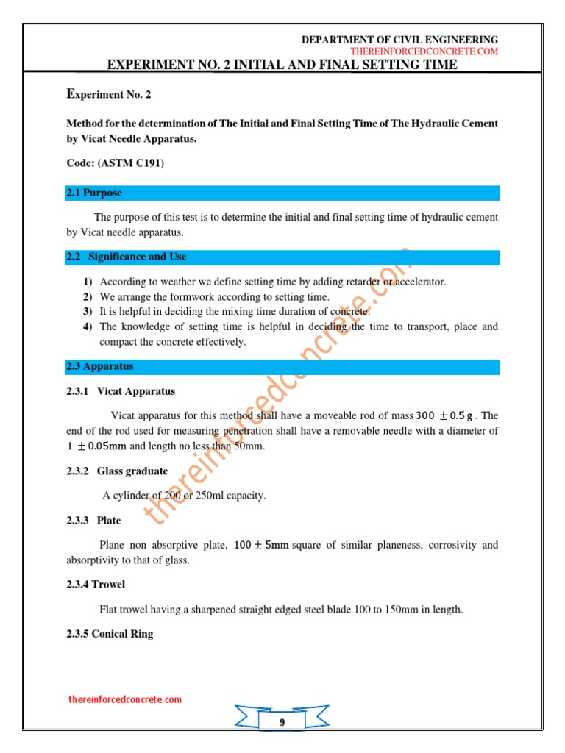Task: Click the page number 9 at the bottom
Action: pyautogui.click(x=282, y=723)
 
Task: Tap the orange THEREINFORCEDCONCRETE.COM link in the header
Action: pyautogui.click(x=424, y=51)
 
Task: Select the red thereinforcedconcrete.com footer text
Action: pyautogui.click(x=124, y=699)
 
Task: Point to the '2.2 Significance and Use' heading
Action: pyautogui.click(x=127, y=257)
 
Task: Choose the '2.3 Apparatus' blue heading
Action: pyautogui.click(x=100, y=366)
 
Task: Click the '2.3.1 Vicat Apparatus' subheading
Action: pyautogui.click(x=121, y=391)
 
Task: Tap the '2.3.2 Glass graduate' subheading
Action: pyautogui.click(x=117, y=471)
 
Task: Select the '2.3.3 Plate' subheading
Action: pyautogui.click(x=93, y=521)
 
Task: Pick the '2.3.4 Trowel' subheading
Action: pyautogui.click(x=96, y=585)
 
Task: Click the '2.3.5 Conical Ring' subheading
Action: pyautogui.click(x=110, y=634)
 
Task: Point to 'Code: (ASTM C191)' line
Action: pyautogui.click(x=115, y=163)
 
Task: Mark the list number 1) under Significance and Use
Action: pyautogui.click(x=88, y=282)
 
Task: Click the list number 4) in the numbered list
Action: pyautogui.click(x=88, y=326)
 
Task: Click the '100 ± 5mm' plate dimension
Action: pyautogui.click(x=261, y=546)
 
